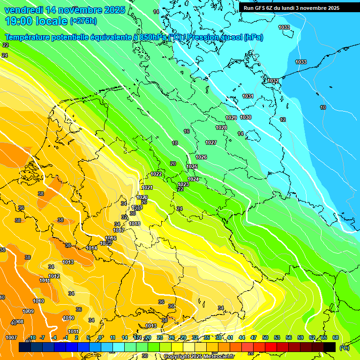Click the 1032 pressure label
pyautogui.click(x=273, y=81)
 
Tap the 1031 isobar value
pyautogui.click(x=247, y=96)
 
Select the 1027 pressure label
pyautogui.click(x=211, y=142)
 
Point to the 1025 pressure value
pyautogui.click(x=192, y=166)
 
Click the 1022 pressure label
pyautogui.click(x=156, y=174)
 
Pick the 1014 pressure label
pyautogui.click(x=91, y=248)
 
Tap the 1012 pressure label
pyautogui.click(x=54, y=276)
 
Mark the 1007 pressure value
pyautogui.click(x=11, y=337)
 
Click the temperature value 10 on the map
pyautogui.click(x=323, y=107)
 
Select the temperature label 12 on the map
pyautogui.click(x=283, y=120)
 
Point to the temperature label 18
pyautogui.click(x=175, y=143)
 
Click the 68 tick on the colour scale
pyautogui.click(x=335, y=337)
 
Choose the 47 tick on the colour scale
pyautogui.click(x=254, y=337)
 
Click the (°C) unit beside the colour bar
pyautogui.click(x=344, y=347)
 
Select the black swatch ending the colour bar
pyautogui.click(x=330, y=347)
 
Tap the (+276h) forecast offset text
pyautogui.click(x=83, y=21)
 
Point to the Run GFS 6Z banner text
pyautogui.click(x=291, y=8)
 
